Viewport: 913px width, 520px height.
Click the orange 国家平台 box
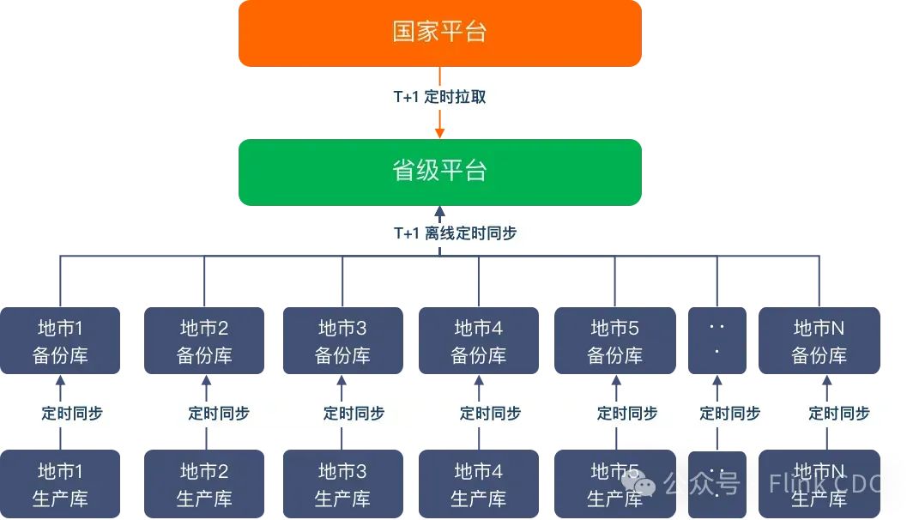point(439,33)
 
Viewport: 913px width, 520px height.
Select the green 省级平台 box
point(439,172)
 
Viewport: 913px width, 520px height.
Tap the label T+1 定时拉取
point(439,97)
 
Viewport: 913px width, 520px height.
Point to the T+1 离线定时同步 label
point(455,233)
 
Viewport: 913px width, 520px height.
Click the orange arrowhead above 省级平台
point(439,132)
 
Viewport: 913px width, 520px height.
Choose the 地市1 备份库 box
point(60,341)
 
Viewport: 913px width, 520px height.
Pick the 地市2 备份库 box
point(204,341)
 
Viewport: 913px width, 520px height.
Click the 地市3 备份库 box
point(342,341)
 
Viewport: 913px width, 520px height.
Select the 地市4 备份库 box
point(479,341)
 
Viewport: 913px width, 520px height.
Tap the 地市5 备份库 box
point(614,341)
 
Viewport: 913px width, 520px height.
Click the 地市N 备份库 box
point(819,341)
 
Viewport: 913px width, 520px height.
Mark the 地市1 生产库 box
point(60,484)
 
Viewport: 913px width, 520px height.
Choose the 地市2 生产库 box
point(204,484)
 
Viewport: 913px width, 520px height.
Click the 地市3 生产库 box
point(342,484)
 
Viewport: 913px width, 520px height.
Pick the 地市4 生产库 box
point(479,484)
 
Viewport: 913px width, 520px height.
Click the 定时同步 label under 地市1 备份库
point(72,413)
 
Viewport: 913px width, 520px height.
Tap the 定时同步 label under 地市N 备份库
point(839,413)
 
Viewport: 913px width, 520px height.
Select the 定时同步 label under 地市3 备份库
point(354,413)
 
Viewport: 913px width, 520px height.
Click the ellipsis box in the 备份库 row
point(717,341)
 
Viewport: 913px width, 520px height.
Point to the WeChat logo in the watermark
point(645,485)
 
